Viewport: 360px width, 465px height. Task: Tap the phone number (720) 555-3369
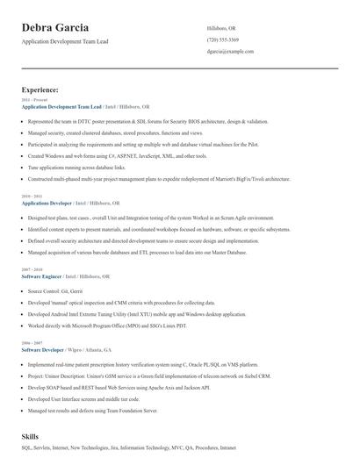click(x=223, y=40)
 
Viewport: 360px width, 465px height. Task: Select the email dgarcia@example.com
click(x=231, y=52)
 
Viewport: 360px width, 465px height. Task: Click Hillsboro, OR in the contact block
click(x=221, y=28)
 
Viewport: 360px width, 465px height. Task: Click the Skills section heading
click(x=31, y=436)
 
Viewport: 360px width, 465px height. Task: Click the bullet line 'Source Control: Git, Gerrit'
click(x=56, y=289)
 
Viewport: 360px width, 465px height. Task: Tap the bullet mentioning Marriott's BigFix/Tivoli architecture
click(x=158, y=178)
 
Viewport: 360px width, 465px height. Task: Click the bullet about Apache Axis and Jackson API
click(x=119, y=387)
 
